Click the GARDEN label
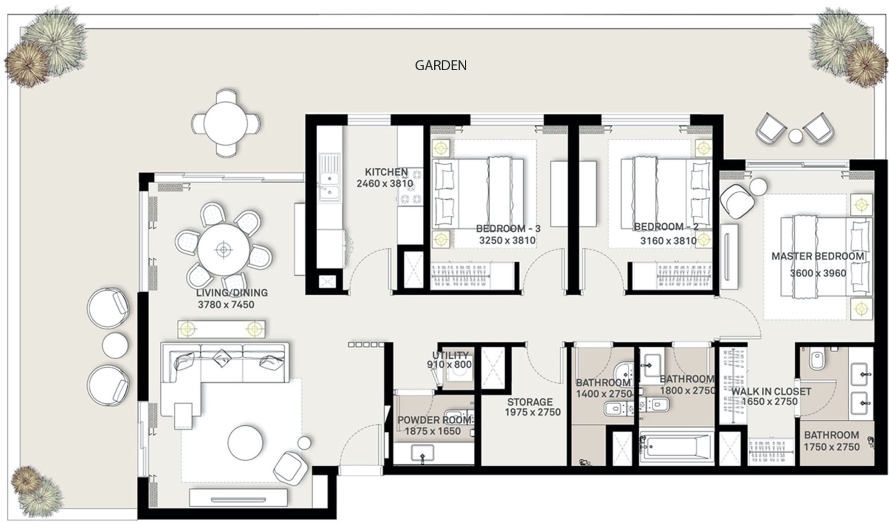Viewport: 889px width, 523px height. click(440, 66)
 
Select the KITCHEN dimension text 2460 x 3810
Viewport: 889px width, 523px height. click(384, 184)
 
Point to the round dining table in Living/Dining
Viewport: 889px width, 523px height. click(223, 250)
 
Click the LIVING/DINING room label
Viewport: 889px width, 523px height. click(232, 293)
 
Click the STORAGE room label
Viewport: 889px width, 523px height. click(530, 402)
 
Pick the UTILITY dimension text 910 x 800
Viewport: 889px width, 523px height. click(449, 365)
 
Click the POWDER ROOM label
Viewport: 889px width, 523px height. click(434, 420)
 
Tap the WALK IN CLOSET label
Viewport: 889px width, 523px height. click(770, 391)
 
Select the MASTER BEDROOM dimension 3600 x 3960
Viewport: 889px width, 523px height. click(818, 273)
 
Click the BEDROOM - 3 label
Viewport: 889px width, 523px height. click(508, 228)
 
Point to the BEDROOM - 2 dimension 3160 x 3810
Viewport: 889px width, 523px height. click(668, 241)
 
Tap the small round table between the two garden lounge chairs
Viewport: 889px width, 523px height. click(795, 136)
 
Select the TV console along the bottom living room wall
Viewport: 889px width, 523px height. click(238, 498)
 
